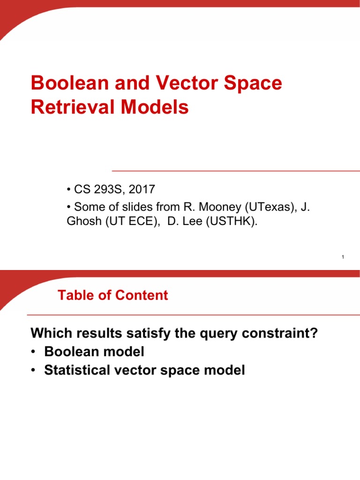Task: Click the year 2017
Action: click(x=142, y=190)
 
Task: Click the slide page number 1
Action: click(x=343, y=257)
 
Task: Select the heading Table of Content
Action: click(x=112, y=295)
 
